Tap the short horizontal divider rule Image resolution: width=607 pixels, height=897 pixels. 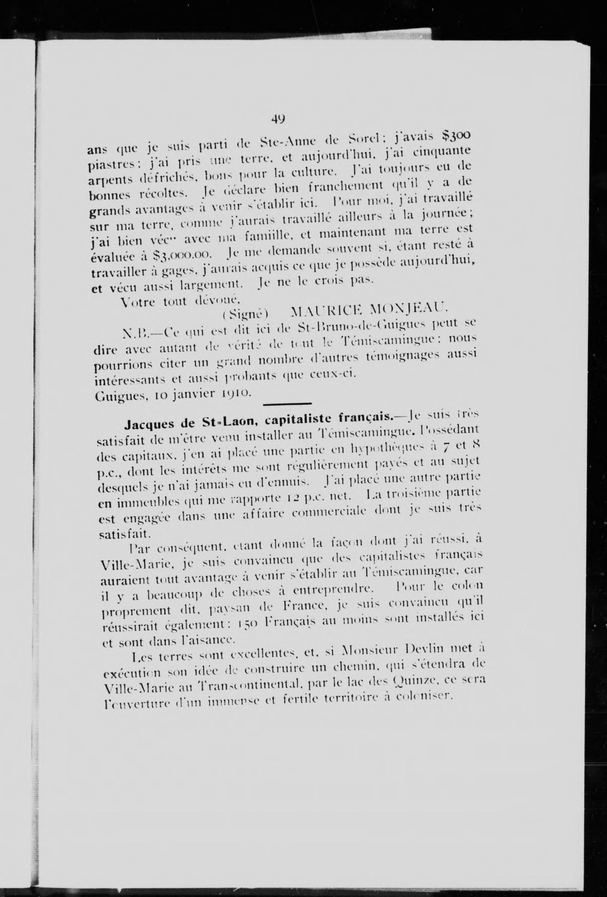pos(287,404)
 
